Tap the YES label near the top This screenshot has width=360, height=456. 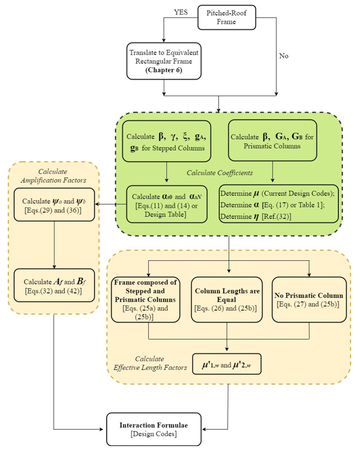[181, 12]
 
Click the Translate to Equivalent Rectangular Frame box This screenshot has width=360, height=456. [164, 60]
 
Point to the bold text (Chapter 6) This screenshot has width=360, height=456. [164, 70]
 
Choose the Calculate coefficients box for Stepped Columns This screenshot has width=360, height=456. [166, 141]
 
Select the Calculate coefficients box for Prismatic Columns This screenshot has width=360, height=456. [272, 141]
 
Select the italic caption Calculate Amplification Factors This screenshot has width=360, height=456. [53, 177]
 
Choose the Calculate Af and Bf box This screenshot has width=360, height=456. [54, 286]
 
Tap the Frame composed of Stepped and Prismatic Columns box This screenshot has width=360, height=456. [148, 299]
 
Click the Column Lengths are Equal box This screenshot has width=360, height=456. [227, 299]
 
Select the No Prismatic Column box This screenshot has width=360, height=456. [309, 299]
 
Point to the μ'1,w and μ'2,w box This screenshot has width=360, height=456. [227, 364]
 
